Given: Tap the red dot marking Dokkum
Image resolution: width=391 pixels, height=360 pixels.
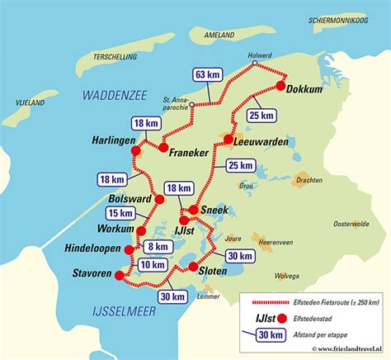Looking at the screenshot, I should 281,85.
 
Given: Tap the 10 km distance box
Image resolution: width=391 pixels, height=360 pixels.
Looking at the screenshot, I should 153,264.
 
